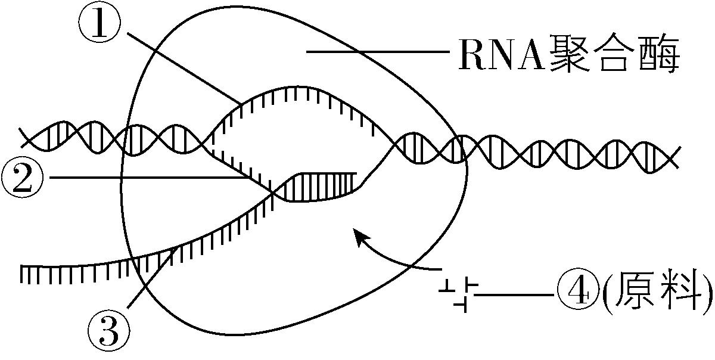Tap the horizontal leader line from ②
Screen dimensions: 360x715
(x=149, y=177)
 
